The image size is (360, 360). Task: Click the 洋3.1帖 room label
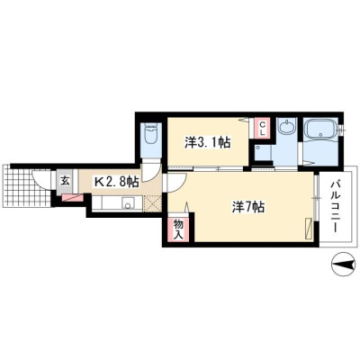pyautogui.click(x=207, y=142)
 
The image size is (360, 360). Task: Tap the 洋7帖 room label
pyautogui.click(x=248, y=207)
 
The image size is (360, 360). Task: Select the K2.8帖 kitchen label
pyautogui.click(x=116, y=182)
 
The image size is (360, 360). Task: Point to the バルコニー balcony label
pyautogui.click(x=336, y=206)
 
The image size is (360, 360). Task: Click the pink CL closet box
pyautogui.click(x=262, y=128)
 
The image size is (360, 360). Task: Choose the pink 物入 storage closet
pyautogui.click(x=178, y=229)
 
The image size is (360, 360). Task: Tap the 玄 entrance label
pyautogui.click(x=65, y=181)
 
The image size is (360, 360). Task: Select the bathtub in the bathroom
pyautogui.click(x=319, y=130)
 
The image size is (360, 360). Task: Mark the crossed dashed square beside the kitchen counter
pyautogui.click(x=153, y=203)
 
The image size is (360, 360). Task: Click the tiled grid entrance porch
pyautogui.click(x=27, y=185)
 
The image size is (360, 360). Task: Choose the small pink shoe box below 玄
pyautogui.click(x=72, y=197)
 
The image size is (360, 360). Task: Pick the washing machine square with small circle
pyautogui.click(x=263, y=152)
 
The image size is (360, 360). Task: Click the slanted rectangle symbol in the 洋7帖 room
pyautogui.click(x=309, y=229)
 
